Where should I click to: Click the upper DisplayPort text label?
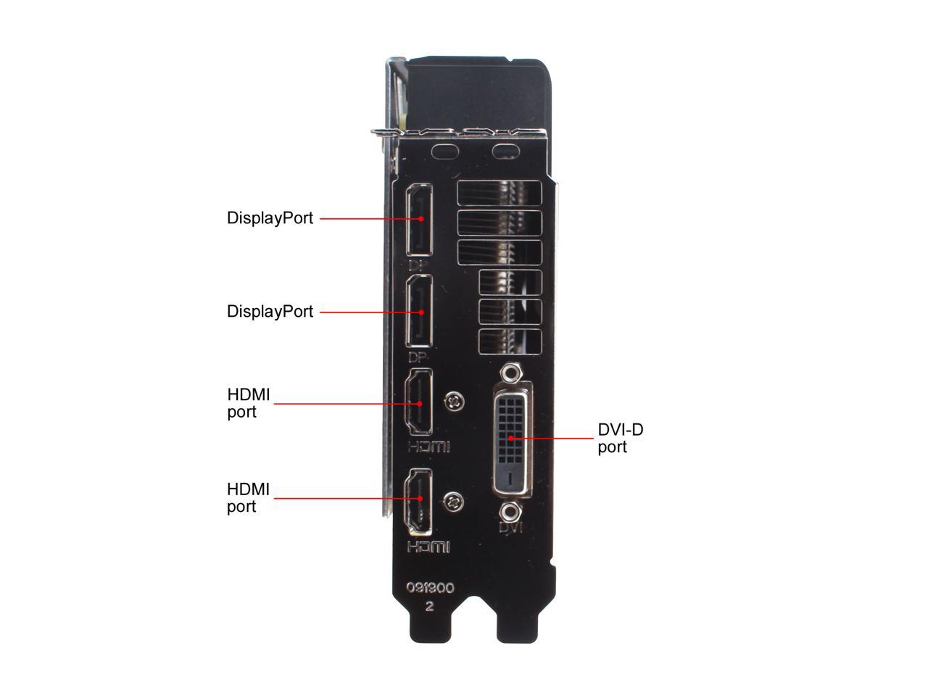(x=270, y=218)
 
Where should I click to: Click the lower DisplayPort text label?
(x=270, y=312)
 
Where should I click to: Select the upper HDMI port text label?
(x=248, y=403)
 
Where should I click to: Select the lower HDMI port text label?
(x=248, y=498)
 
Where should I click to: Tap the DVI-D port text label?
(x=620, y=438)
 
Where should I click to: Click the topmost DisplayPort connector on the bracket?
(x=419, y=220)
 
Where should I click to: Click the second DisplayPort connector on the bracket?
(x=419, y=311)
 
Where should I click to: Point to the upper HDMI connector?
(x=419, y=402)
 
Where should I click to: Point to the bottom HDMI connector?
(x=418, y=502)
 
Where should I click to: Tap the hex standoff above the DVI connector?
(x=510, y=373)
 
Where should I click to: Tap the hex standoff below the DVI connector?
(x=510, y=512)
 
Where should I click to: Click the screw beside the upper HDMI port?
(x=455, y=401)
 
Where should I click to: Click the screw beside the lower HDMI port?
(x=454, y=502)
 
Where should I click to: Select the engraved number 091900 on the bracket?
(x=430, y=587)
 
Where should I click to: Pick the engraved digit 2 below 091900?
(x=429, y=606)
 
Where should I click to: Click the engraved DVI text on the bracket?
(x=510, y=527)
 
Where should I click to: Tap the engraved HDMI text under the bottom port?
(x=428, y=547)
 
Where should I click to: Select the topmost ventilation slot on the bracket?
(x=500, y=193)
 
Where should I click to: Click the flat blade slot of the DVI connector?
(x=510, y=478)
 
